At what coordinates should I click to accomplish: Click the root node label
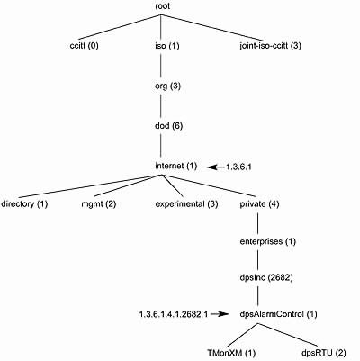click(162, 6)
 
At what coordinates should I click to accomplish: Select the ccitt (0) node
click(84, 46)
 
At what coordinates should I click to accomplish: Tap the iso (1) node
click(167, 46)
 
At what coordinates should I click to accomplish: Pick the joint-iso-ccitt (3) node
click(270, 46)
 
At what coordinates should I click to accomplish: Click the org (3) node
click(167, 86)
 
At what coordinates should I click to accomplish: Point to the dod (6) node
click(168, 126)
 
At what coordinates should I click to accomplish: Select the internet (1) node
click(175, 166)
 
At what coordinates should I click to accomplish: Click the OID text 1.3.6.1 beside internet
click(238, 167)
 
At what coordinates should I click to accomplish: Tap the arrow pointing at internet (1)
click(215, 167)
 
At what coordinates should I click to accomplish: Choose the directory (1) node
click(24, 204)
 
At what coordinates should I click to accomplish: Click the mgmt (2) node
click(99, 204)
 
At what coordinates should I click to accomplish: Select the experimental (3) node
click(186, 204)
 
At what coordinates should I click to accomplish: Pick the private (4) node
click(259, 204)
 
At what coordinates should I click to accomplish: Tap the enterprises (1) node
click(268, 241)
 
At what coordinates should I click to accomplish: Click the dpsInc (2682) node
click(266, 277)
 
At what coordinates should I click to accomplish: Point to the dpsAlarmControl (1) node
click(278, 314)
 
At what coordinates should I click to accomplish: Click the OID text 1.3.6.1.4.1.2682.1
click(174, 314)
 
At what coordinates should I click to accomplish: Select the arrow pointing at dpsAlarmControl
click(220, 314)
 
